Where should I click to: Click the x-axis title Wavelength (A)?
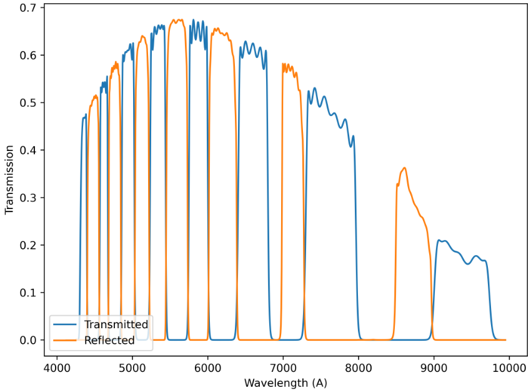(285, 382)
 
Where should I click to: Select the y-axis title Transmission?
(9, 180)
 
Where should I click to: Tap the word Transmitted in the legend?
(116, 324)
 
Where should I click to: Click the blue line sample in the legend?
(66, 325)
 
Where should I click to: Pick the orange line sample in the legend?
(66, 341)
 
